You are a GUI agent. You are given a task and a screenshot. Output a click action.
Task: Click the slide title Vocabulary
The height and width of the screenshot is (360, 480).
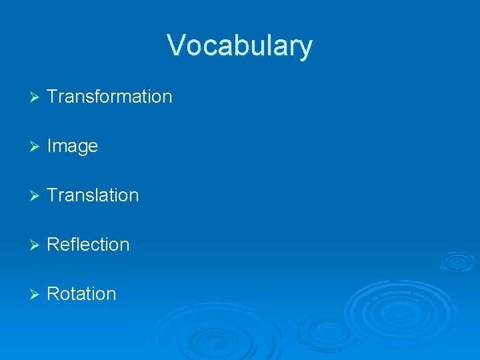[239, 46]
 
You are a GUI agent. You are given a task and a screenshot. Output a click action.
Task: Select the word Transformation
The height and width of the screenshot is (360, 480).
[109, 97]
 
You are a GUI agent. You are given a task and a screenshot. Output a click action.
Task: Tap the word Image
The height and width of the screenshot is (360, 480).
[73, 146]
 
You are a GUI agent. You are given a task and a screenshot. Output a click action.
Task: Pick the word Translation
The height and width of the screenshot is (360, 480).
[93, 195]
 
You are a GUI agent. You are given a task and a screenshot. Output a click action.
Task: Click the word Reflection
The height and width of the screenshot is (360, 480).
[88, 245]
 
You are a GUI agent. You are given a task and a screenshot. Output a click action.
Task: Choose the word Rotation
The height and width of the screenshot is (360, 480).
[81, 294]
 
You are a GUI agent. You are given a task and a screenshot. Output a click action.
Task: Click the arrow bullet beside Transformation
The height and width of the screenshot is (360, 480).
[35, 97]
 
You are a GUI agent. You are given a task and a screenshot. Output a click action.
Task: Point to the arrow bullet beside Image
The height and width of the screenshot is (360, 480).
[35, 147]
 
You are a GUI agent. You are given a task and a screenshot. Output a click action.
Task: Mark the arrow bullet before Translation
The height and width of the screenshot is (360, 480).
[35, 196]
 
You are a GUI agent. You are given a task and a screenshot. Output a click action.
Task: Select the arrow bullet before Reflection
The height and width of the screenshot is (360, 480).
[35, 245]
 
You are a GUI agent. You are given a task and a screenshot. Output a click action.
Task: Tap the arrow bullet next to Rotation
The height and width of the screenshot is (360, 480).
[35, 295]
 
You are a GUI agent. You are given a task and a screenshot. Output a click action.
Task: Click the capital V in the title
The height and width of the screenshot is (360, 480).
[177, 45]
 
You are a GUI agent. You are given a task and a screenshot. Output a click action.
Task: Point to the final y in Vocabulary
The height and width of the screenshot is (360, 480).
[305, 49]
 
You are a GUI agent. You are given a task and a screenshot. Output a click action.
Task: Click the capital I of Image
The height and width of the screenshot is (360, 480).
[50, 146]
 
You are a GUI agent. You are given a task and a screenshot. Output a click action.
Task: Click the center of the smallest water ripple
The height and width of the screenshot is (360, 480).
[459, 261]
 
